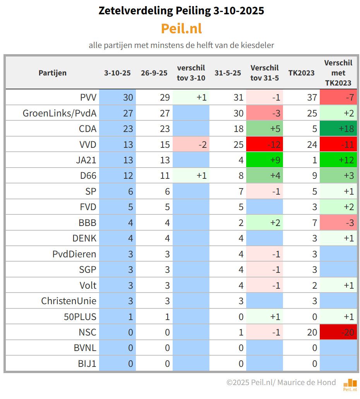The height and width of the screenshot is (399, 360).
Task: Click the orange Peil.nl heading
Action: (181, 29)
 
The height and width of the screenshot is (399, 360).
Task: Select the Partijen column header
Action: (52, 73)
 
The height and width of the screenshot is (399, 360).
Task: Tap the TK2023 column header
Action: (301, 73)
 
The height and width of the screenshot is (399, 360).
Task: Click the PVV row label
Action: (88, 97)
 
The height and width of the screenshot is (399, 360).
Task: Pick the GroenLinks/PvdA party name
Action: (60, 113)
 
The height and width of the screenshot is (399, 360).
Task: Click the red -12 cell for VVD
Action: (265, 144)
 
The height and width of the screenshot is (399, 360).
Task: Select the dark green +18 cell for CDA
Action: (338, 128)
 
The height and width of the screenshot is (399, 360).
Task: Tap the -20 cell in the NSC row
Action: (338, 332)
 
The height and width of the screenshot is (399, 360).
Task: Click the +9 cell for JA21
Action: (265, 160)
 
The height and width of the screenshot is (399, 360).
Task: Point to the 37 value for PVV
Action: (312, 97)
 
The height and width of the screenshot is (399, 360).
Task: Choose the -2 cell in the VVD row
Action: (191, 144)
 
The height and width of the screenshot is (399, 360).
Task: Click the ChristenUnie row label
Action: (69, 301)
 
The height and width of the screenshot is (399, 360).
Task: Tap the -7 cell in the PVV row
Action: (338, 97)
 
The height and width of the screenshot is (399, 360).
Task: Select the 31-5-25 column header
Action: (228, 73)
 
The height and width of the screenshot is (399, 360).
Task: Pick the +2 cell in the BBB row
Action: (265, 223)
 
